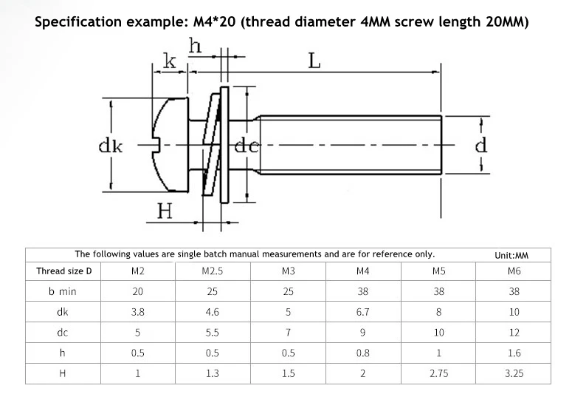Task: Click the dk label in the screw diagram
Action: tap(111, 146)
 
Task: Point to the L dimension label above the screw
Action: tap(314, 61)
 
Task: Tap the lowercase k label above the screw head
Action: tap(169, 61)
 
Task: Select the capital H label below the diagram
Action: tap(165, 211)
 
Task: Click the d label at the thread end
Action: tap(481, 145)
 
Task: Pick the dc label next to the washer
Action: tap(247, 146)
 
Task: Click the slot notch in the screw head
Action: tap(157, 145)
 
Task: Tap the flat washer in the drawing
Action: tap(224, 145)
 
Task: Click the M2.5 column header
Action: tap(213, 271)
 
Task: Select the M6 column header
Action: tap(514, 271)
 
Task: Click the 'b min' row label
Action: tap(63, 291)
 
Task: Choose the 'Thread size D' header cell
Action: tap(63, 271)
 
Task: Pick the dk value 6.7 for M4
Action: tap(362, 312)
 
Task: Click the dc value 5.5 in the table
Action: tap(213, 332)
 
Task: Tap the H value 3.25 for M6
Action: tap(514, 373)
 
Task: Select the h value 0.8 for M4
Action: tap(362, 353)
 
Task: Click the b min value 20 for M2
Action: tap(138, 291)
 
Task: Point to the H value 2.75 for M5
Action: tap(439, 373)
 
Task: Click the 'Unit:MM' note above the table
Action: tap(511, 255)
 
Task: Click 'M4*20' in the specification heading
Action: tap(215, 22)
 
